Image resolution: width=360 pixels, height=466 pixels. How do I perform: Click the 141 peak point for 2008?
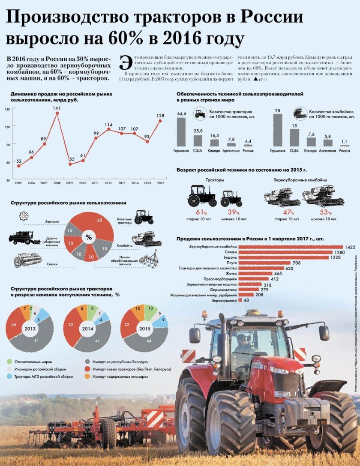pyautogui.click(x=57, y=113)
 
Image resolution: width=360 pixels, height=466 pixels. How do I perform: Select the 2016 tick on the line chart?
pyautogui.click(x=161, y=183)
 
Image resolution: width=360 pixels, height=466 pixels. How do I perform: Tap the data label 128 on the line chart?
pyautogui.click(x=161, y=116)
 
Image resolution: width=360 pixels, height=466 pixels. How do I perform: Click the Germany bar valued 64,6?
pyautogui.click(x=181, y=131)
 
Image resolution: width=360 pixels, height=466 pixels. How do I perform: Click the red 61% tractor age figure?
pyautogui.click(x=201, y=212)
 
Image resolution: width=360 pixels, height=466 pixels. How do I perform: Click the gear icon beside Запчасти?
pyautogui.click(x=23, y=216)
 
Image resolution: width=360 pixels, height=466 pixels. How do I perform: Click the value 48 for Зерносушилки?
pyautogui.click(x=246, y=301)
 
